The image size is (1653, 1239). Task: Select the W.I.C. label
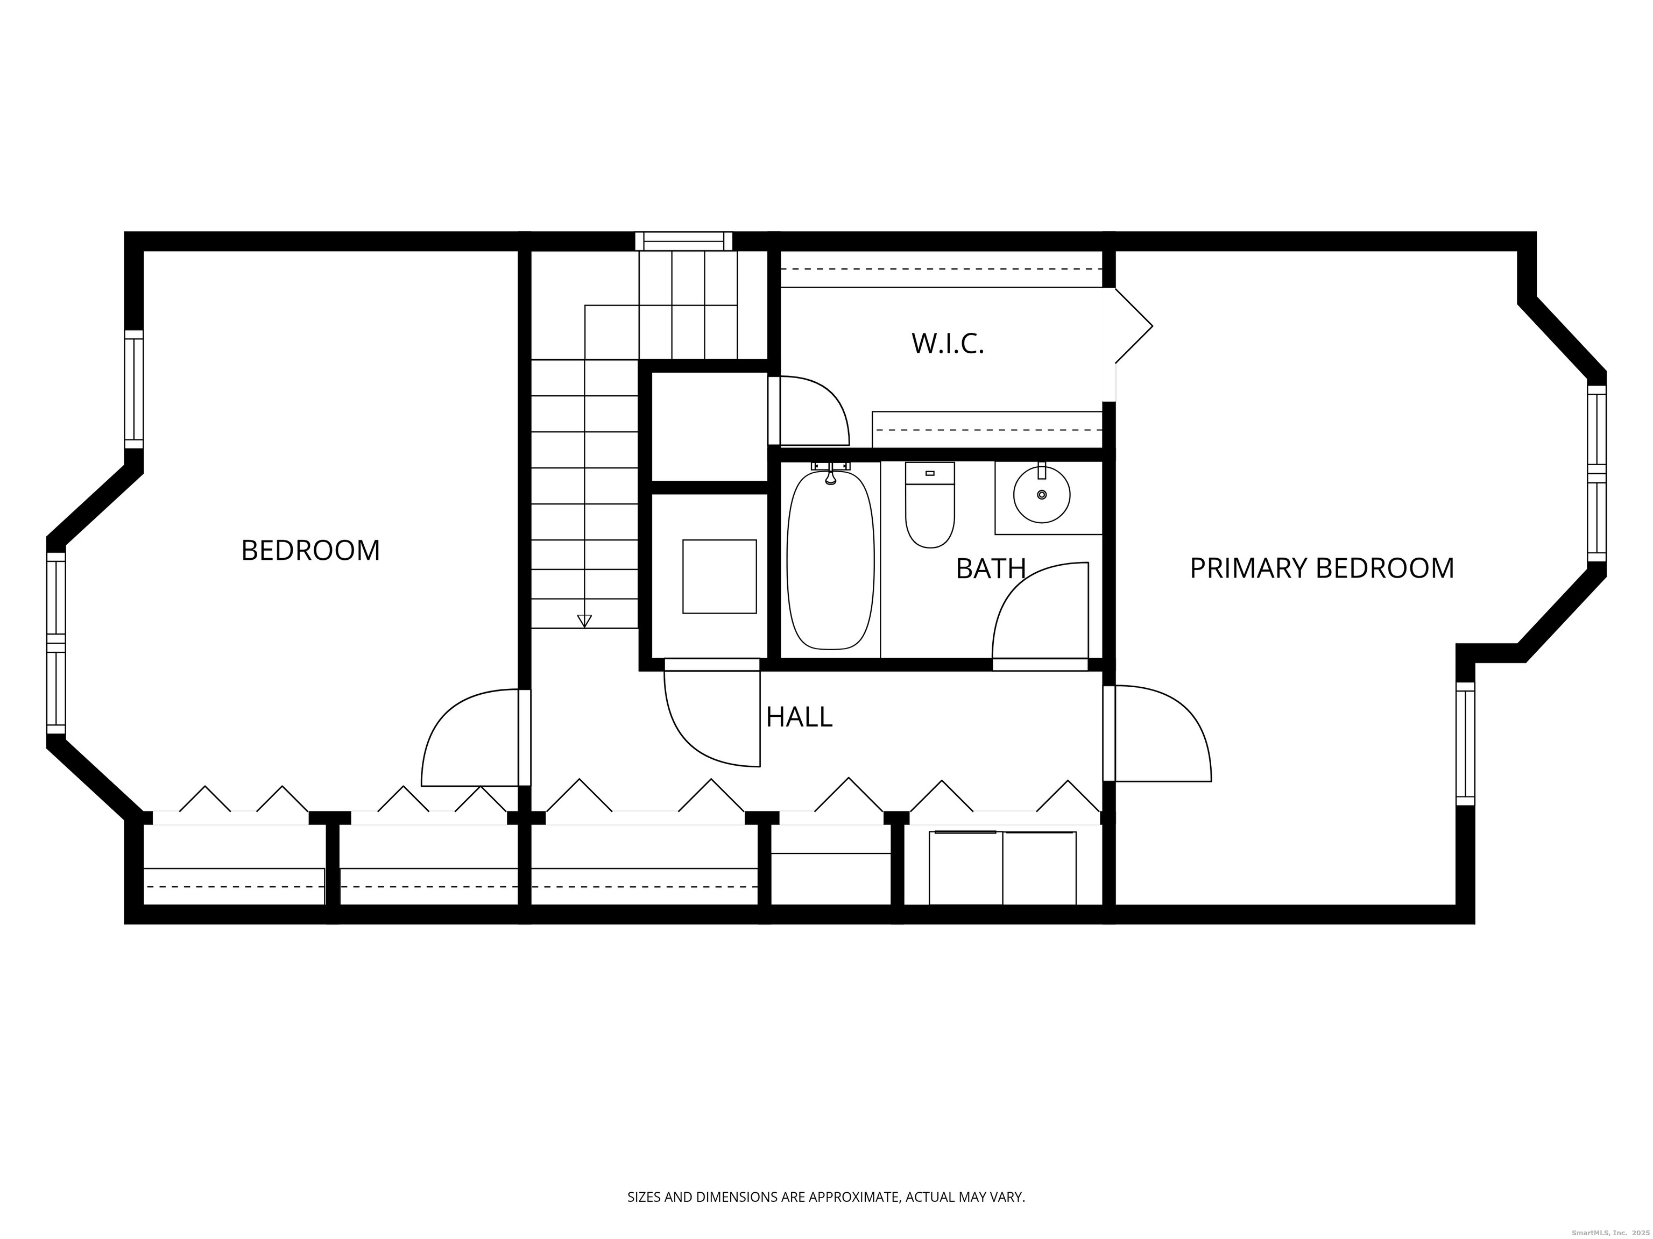(x=948, y=344)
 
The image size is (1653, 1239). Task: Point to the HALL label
(x=799, y=717)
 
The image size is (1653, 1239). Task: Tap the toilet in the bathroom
(x=930, y=505)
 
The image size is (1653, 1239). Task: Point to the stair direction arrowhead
(x=584, y=621)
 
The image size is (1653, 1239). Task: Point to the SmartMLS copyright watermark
(x=1607, y=1233)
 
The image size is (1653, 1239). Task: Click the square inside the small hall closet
(x=719, y=576)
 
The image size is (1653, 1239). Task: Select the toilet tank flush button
(x=930, y=473)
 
